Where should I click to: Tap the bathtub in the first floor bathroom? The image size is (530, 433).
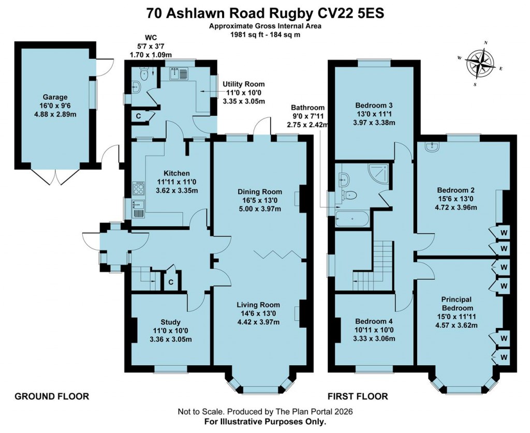(x=352, y=219)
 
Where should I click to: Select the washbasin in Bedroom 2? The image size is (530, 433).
(x=431, y=147)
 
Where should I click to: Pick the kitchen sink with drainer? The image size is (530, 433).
(x=139, y=207)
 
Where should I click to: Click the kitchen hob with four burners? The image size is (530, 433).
(x=139, y=187)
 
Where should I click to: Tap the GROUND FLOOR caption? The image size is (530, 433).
(x=52, y=396)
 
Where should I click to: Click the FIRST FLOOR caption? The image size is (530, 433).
(x=358, y=396)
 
